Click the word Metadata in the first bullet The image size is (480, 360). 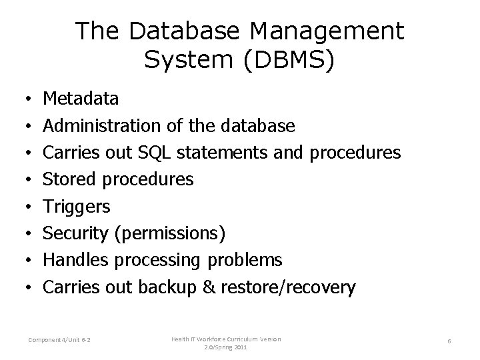(x=81, y=99)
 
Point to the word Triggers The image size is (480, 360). (x=77, y=207)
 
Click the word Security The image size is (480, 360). (x=73, y=233)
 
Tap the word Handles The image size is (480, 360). (x=73, y=260)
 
